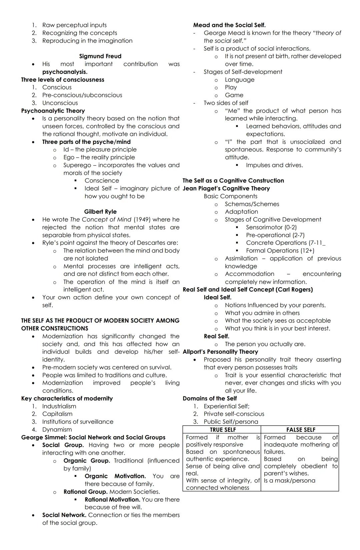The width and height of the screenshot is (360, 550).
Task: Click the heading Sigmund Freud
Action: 100,56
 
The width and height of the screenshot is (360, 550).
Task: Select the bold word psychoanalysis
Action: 65,72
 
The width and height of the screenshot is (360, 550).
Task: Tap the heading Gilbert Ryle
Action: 100,212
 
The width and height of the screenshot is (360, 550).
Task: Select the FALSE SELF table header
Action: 300,430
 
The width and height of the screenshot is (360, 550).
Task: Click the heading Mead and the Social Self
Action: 229,25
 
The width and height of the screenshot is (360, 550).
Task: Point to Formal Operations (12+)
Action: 280,251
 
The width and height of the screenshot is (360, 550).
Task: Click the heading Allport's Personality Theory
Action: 220,352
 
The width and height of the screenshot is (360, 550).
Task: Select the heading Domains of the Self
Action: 209,398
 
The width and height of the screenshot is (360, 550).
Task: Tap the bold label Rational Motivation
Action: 112,500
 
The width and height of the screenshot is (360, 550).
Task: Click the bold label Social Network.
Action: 64,515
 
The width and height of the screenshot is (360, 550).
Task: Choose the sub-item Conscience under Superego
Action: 102,181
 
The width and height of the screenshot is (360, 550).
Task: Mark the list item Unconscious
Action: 60,103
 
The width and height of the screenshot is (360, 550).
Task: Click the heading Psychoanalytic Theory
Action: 53,111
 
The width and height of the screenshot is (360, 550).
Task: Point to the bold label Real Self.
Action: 216,336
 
